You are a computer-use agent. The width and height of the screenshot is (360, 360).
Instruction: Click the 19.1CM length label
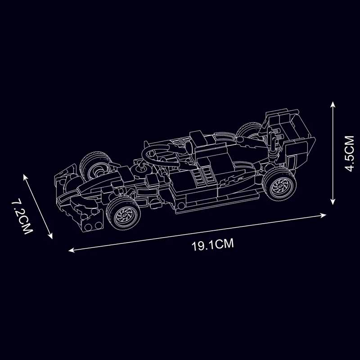click(212, 244)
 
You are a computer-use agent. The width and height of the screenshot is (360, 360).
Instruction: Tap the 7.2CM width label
click(22, 217)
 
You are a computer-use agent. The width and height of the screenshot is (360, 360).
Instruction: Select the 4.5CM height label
click(349, 153)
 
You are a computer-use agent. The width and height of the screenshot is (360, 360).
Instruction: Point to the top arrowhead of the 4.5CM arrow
click(333, 104)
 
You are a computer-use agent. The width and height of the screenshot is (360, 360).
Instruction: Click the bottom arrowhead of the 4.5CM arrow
click(333, 202)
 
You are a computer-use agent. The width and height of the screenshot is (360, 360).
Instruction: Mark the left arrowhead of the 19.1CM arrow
click(72, 250)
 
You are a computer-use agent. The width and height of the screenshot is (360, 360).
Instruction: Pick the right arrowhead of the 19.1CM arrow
click(323, 216)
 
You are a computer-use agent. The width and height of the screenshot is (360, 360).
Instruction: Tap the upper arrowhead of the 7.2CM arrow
click(25, 177)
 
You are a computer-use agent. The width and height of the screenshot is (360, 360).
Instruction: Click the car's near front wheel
click(123, 213)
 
